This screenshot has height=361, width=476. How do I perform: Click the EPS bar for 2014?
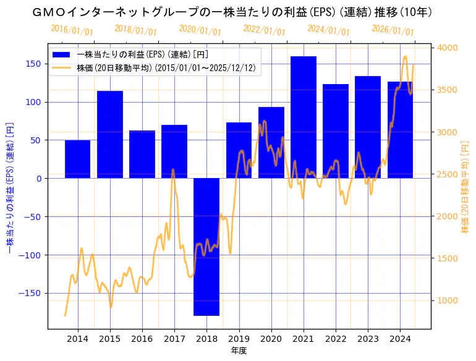coord(78,159)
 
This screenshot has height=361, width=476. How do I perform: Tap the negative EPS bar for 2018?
coord(206,247)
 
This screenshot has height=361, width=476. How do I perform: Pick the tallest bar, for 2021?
coord(304,117)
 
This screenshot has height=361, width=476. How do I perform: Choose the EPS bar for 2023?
coord(368,127)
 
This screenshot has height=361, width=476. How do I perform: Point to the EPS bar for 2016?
coord(142,155)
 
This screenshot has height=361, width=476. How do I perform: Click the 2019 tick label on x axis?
coord(239,339)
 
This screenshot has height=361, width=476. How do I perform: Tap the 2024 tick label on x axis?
coord(400,339)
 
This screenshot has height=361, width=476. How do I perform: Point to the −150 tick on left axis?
coord(33,293)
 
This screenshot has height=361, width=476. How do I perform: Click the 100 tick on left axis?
coord(35,102)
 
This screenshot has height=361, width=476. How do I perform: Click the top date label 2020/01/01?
coord(200,30)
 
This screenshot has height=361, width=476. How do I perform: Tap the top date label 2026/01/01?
coord(393,30)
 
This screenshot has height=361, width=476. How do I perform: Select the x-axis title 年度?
coord(239,350)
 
